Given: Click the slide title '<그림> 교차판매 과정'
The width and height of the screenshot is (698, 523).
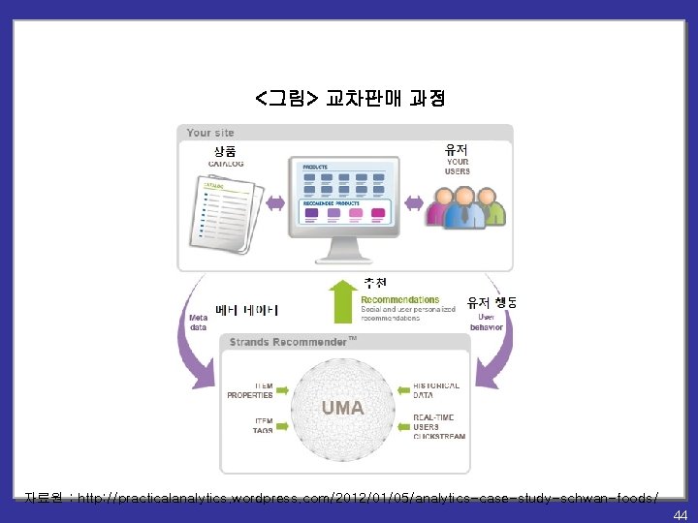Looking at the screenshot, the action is (349, 98).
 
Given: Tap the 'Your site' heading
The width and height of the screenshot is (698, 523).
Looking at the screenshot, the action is (210, 133).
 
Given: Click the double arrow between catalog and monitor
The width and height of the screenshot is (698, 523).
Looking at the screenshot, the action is (275, 203).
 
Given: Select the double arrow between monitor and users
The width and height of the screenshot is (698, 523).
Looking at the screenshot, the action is (414, 203).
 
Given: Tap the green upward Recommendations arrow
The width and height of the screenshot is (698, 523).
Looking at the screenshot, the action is (342, 302).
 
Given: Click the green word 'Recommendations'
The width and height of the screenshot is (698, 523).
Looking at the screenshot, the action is (399, 300).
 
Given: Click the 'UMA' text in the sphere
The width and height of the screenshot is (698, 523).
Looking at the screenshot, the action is (343, 408).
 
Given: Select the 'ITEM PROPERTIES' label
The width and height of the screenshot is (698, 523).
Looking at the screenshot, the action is (250, 390).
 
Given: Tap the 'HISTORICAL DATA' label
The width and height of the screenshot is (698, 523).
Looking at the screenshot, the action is (435, 390).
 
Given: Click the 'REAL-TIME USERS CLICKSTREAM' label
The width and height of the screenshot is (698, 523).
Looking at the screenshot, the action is (438, 426).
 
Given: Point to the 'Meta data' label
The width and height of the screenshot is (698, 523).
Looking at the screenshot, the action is (198, 323).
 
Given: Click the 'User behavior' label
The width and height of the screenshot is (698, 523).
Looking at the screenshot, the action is (487, 322).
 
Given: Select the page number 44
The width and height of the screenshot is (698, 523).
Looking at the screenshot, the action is (680, 514).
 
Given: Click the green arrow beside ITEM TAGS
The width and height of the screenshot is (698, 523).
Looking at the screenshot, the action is (282, 424).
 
